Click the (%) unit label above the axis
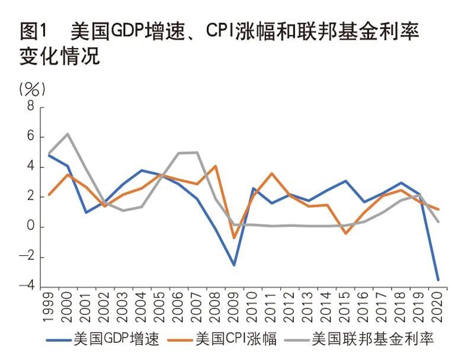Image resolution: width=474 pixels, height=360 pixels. tap(33, 89)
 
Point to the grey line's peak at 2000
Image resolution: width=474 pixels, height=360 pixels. tap(67, 134)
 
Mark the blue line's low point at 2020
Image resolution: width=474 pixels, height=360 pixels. tap(438, 279)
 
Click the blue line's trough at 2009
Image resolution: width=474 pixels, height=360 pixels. tap(234, 265)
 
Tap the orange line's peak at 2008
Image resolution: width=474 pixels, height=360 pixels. tap(216, 166)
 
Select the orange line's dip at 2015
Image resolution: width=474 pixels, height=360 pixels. tap(345, 233)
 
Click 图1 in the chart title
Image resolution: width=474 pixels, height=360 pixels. tap(33, 31)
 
